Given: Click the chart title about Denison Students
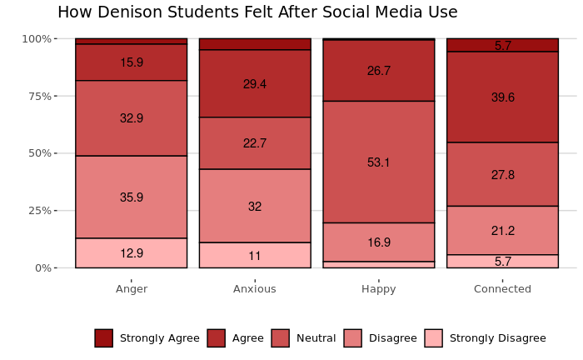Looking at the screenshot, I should tap(257, 12).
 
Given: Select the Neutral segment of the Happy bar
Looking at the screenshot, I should tap(379, 162).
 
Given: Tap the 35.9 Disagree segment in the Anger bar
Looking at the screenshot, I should tap(132, 197).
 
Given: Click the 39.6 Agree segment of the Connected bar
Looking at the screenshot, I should tap(502, 97).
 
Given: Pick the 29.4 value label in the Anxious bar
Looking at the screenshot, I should tap(255, 84).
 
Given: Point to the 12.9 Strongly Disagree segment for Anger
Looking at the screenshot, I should tap(132, 253).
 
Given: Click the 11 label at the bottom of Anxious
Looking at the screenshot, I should tap(255, 256).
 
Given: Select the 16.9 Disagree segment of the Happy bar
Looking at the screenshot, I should tap(379, 242).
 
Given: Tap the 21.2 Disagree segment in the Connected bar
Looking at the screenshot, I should tap(502, 231).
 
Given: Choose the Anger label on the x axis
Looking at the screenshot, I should tap(132, 289).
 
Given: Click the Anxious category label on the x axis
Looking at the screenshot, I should tap(255, 289).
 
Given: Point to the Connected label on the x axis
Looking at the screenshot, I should tap(502, 289).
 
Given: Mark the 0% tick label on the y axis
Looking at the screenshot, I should tap(42, 267).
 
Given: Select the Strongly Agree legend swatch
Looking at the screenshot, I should tap(103, 338).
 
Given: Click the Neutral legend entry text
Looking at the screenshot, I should tap(316, 338).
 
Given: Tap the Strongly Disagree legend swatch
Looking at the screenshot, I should tap(433, 338).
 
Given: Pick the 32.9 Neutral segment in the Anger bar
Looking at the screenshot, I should tap(132, 118).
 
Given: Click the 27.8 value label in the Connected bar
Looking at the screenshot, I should tap(502, 175).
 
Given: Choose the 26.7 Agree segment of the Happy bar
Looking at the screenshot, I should tap(379, 71).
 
